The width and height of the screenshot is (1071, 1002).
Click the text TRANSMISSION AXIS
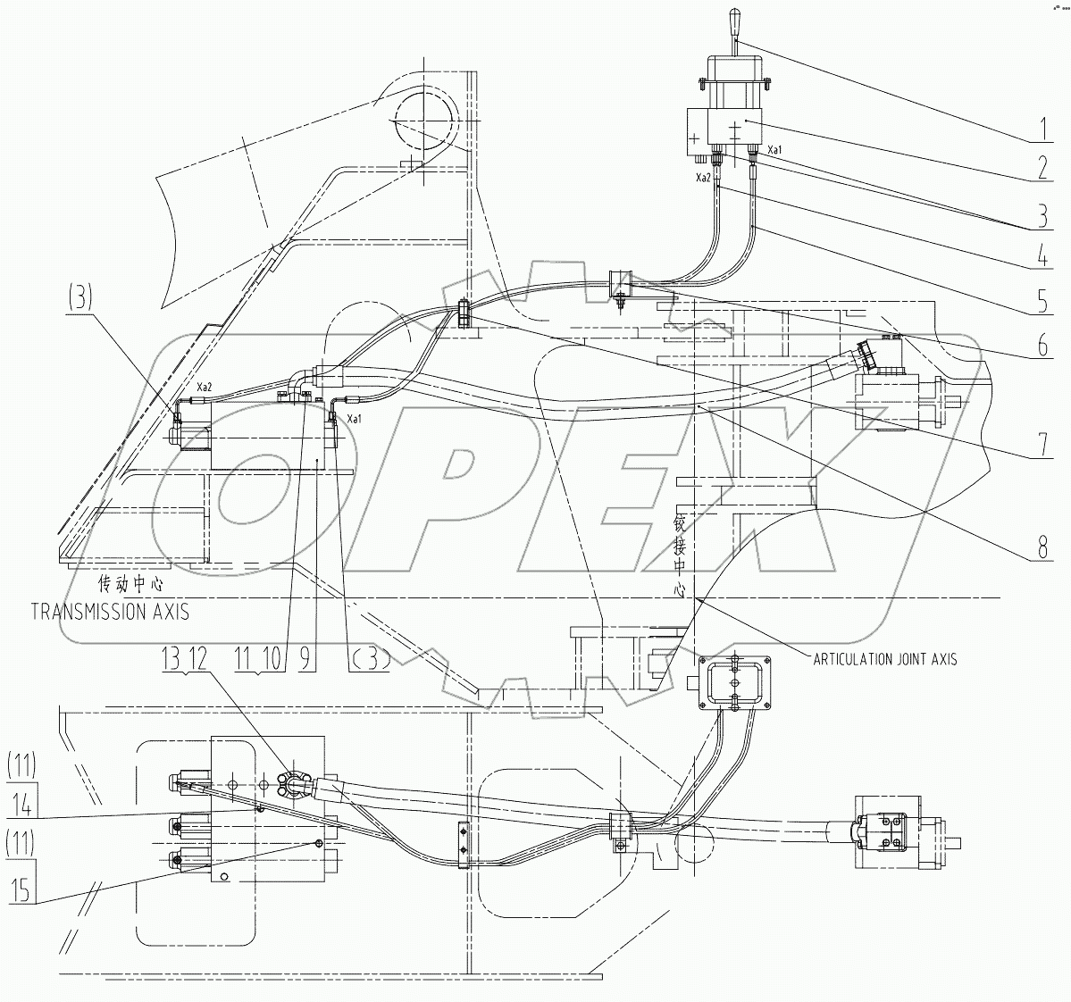(x=109, y=612)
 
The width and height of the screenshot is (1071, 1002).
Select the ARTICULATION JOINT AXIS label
(x=883, y=659)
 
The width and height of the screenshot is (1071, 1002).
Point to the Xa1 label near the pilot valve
(x=774, y=150)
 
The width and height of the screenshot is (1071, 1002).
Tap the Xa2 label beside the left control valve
(x=204, y=388)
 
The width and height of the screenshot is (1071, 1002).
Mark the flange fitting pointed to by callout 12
(x=293, y=786)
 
